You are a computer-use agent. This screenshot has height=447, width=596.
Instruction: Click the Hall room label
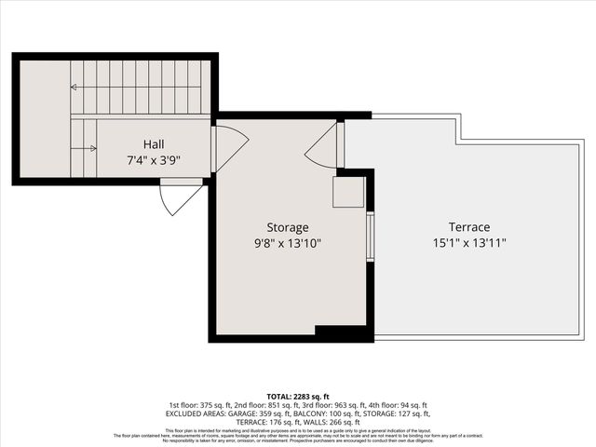tap(154, 144)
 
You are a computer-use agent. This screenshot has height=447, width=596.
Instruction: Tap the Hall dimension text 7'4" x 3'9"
tap(154, 159)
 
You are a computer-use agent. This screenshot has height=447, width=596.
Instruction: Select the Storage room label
tap(288, 227)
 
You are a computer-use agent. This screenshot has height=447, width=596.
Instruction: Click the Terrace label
tap(469, 227)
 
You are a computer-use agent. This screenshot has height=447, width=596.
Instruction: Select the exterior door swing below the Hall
tap(181, 196)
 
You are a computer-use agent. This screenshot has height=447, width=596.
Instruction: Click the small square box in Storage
tap(349, 192)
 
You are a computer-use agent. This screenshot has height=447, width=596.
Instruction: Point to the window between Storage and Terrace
tap(370, 237)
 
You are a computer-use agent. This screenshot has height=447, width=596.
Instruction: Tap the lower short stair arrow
tap(86, 147)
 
